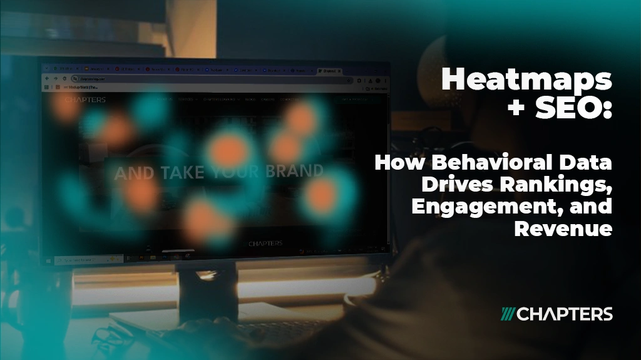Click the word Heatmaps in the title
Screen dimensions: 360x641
click(526, 80)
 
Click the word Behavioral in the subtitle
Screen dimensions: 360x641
click(482, 164)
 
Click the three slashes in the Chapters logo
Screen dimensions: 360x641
click(508, 314)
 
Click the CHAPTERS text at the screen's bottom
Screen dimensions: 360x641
click(265, 243)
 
